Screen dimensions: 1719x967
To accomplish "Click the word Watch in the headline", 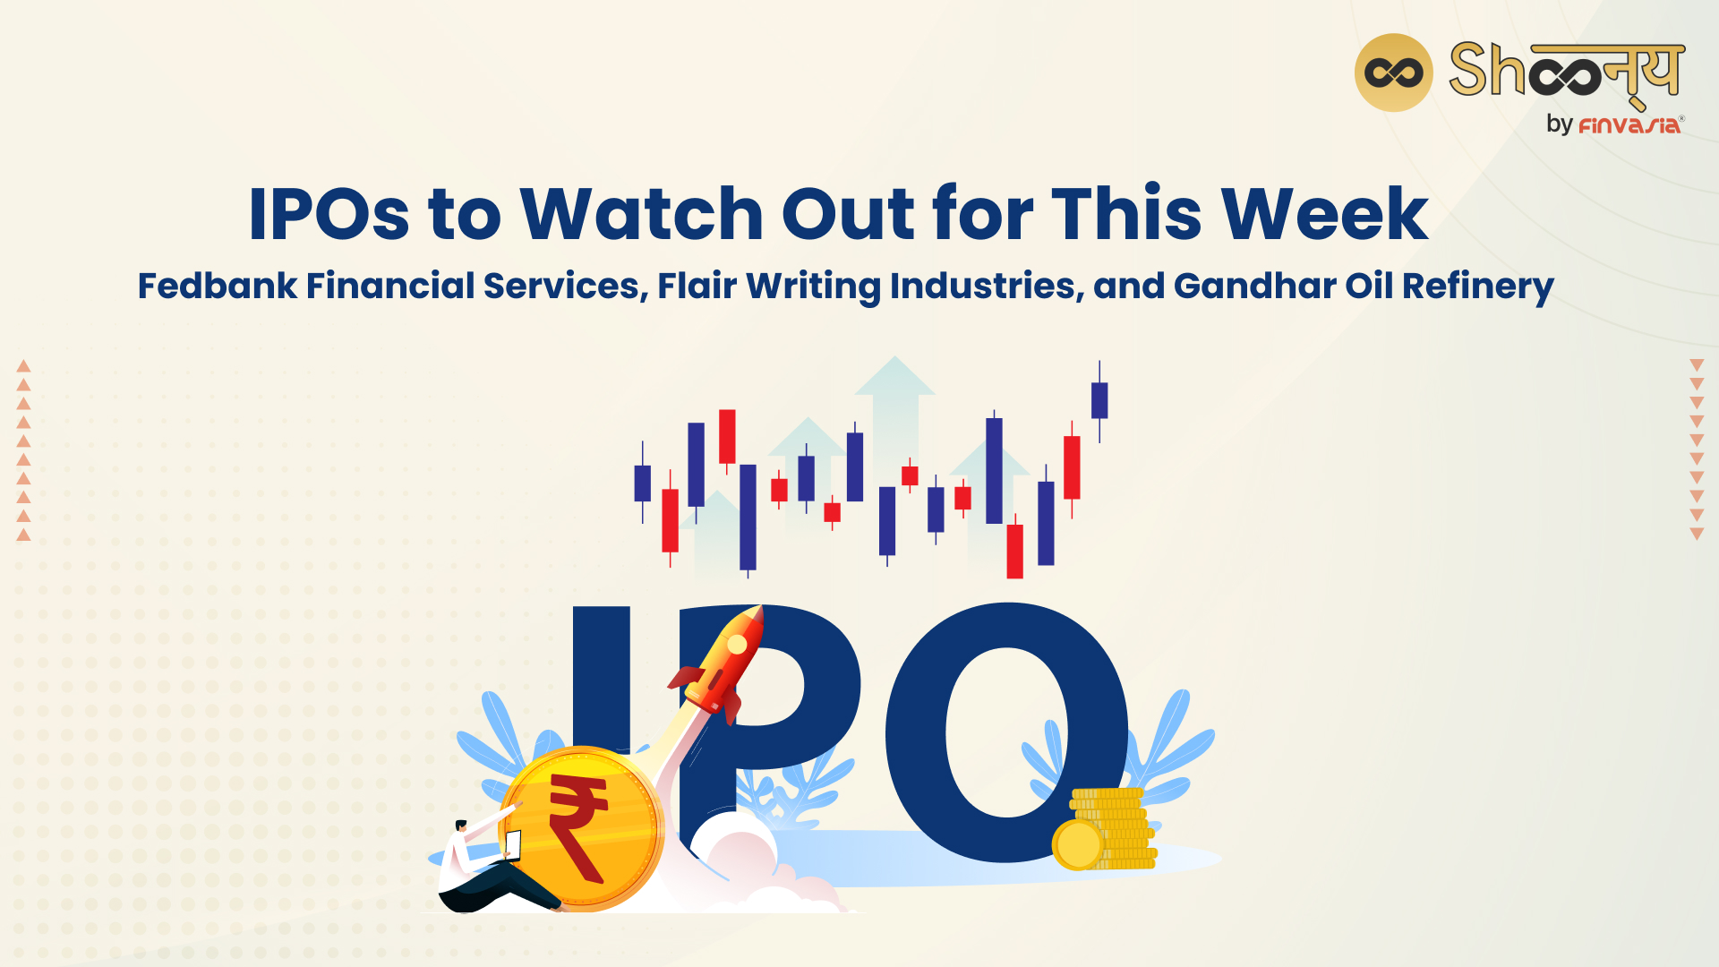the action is click(641, 214).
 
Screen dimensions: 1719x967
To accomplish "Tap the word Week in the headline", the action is click(1325, 214).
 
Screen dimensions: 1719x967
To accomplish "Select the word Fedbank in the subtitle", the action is click(218, 287).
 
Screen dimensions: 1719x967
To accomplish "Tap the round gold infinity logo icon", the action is click(1393, 73).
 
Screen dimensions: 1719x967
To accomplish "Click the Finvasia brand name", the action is click(1629, 125).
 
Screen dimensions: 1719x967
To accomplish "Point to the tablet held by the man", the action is click(513, 844).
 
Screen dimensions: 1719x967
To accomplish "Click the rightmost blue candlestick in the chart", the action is click(1099, 401).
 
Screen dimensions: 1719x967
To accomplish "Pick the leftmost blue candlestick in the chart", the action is click(642, 483).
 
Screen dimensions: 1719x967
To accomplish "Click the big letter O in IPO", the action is click(1007, 732).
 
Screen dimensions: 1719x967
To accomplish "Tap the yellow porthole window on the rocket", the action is click(738, 645).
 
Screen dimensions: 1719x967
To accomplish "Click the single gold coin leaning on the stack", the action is click(1079, 844).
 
